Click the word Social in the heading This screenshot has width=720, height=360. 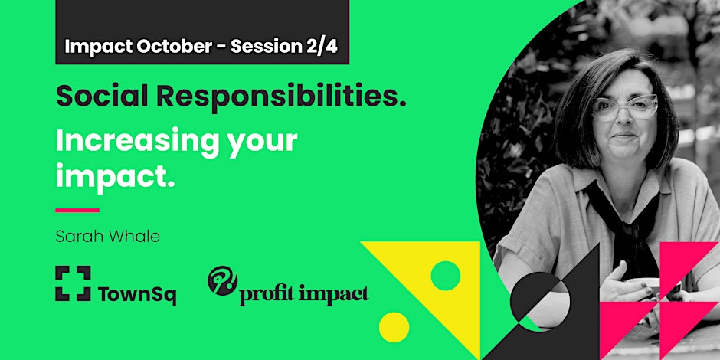point(98,97)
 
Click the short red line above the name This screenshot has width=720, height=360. point(77,210)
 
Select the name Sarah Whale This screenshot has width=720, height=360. point(107,236)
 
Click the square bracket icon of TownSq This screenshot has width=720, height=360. point(73,283)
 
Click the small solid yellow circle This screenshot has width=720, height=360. point(394,326)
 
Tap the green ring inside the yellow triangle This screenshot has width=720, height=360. point(445,276)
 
